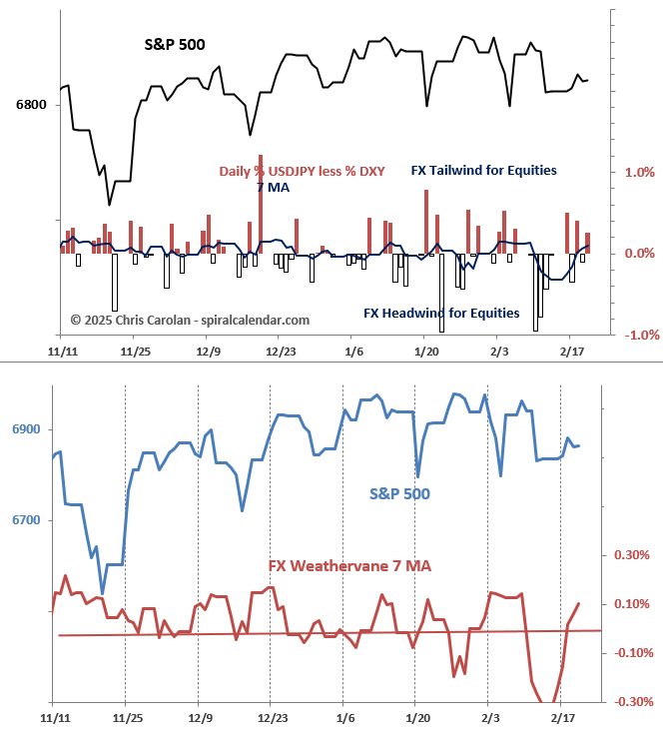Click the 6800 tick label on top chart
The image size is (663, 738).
[x=31, y=104]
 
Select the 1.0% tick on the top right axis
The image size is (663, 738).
[x=639, y=172]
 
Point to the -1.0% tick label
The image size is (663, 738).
[x=637, y=336]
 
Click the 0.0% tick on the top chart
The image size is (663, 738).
[x=639, y=254]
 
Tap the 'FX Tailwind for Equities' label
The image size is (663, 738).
[x=484, y=171]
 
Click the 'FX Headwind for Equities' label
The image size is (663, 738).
[x=441, y=314]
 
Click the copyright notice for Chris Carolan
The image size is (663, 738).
[x=190, y=320]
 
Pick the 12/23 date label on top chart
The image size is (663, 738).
[x=281, y=353]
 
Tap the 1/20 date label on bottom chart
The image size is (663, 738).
[x=417, y=718]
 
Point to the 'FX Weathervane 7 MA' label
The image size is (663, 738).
[x=349, y=566]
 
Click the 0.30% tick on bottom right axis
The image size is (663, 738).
[x=631, y=555]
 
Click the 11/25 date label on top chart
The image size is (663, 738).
[x=136, y=353]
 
